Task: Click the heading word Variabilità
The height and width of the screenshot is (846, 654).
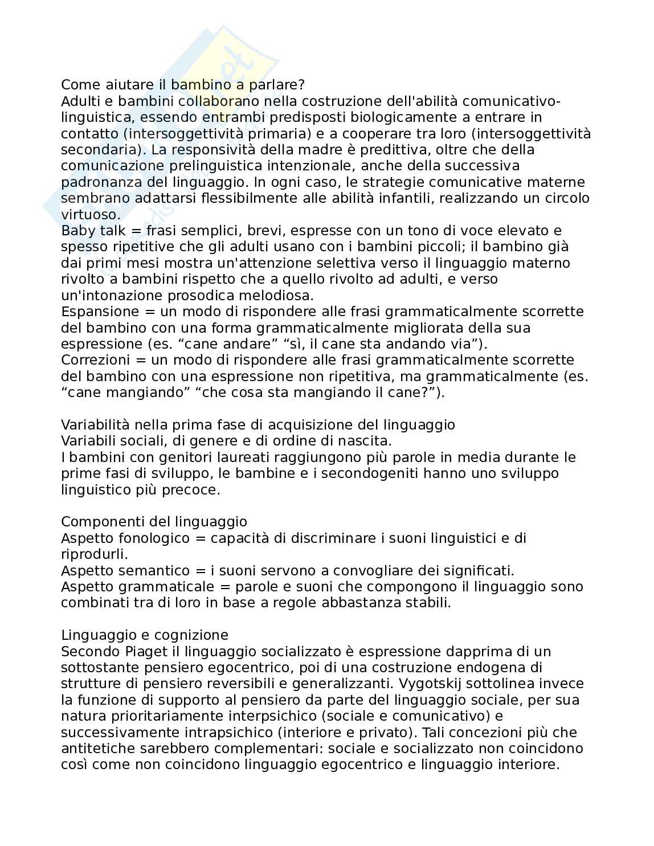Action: point(95,425)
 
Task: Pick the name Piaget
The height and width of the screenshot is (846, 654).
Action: point(143,651)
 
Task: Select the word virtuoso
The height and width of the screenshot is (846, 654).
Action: point(90,215)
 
